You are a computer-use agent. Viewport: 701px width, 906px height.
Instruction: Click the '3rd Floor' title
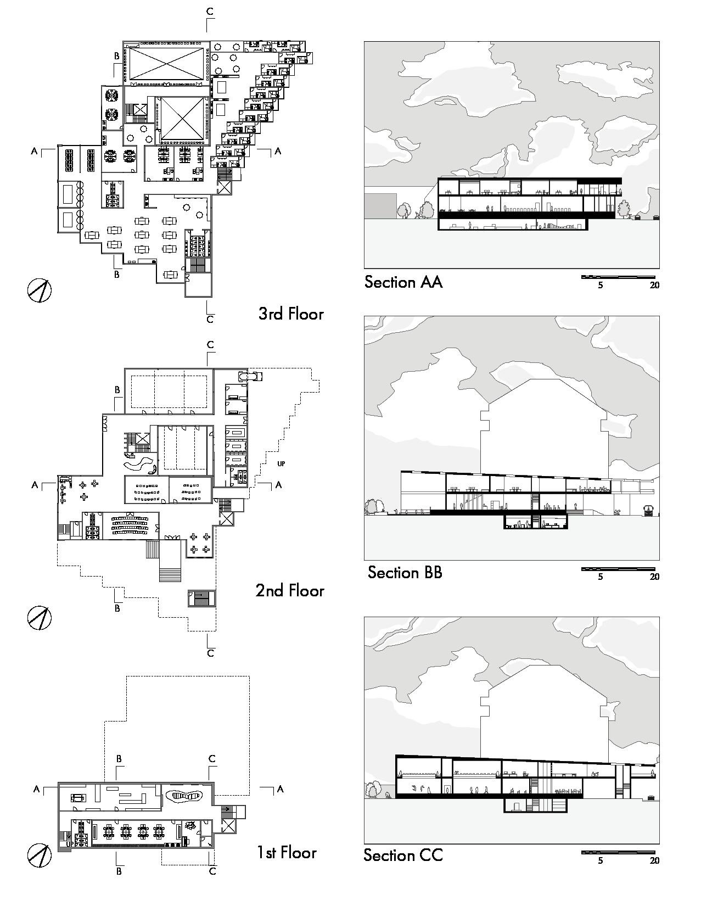[291, 314]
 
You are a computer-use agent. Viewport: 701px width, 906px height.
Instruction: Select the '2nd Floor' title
[290, 591]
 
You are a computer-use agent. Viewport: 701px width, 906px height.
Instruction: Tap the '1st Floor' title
[287, 853]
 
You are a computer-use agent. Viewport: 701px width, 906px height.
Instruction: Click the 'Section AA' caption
[403, 282]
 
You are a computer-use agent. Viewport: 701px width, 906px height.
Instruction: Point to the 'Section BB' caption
[405, 573]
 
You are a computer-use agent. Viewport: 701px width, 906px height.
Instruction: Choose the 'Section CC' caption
[403, 855]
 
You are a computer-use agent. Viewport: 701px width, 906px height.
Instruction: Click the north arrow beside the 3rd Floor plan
[39, 290]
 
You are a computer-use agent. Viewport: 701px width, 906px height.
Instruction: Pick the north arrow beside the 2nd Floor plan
[39, 618]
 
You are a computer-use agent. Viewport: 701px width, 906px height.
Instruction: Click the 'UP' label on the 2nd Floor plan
[281, 464]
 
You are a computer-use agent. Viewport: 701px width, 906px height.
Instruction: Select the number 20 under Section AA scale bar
[654, 286]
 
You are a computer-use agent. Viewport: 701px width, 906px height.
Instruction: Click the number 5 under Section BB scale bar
[601, 577]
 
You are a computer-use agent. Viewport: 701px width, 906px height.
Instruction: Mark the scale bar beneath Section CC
[618, 853]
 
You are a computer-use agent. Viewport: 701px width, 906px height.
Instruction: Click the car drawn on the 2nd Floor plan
[251, 376]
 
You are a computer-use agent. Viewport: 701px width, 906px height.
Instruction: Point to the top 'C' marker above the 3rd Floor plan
[209, 11]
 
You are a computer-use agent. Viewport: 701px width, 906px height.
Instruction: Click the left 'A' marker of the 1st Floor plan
[36, 789]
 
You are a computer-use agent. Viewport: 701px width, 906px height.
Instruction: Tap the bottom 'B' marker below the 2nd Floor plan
[117, 608]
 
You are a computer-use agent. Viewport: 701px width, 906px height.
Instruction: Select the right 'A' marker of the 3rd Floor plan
[278, 151]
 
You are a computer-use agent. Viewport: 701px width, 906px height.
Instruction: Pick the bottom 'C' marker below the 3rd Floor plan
[210, 319]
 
